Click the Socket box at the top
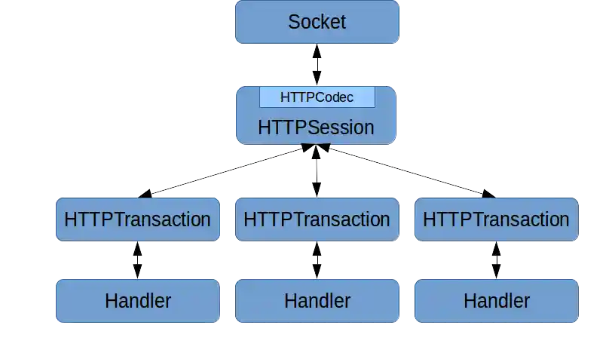pyautogui.click(x=317, y=22)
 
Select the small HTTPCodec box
pyautogui.click(x=317, y=97)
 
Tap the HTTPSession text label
pyautogui.click(x=316, y=127)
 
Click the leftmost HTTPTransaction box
pyautogui.click(x=137, y=219)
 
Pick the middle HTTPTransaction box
pyautogui.click(x=317, y=219)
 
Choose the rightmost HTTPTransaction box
pyautogui.click(x=496, y=219)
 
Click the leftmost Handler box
pyautogui.click(x=137, y=301)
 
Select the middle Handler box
pyautogui.click(x=317, y=301)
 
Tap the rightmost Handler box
pyautogui.click(x=496, y=301)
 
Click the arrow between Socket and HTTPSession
pyautogui.click(x=317, y=65)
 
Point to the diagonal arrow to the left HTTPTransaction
pyautogui.click(x=226, y=170)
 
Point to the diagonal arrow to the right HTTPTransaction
pyautogui.click(x=407, y=170)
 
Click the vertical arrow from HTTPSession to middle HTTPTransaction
pyautogui.click(x=317, y=172)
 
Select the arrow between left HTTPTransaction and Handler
pyautogui.click(x=138, y=260)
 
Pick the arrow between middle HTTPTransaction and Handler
pyautogui.click(x=317, y=260)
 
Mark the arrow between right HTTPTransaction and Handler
pyautogui.click(x=496, y=260)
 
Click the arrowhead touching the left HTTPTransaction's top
pyautogui.click(x=146, y=193)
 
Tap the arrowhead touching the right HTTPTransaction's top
pyautogui.click(x=488, y=193)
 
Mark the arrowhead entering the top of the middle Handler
pyautogui.click(x=317, y=273)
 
